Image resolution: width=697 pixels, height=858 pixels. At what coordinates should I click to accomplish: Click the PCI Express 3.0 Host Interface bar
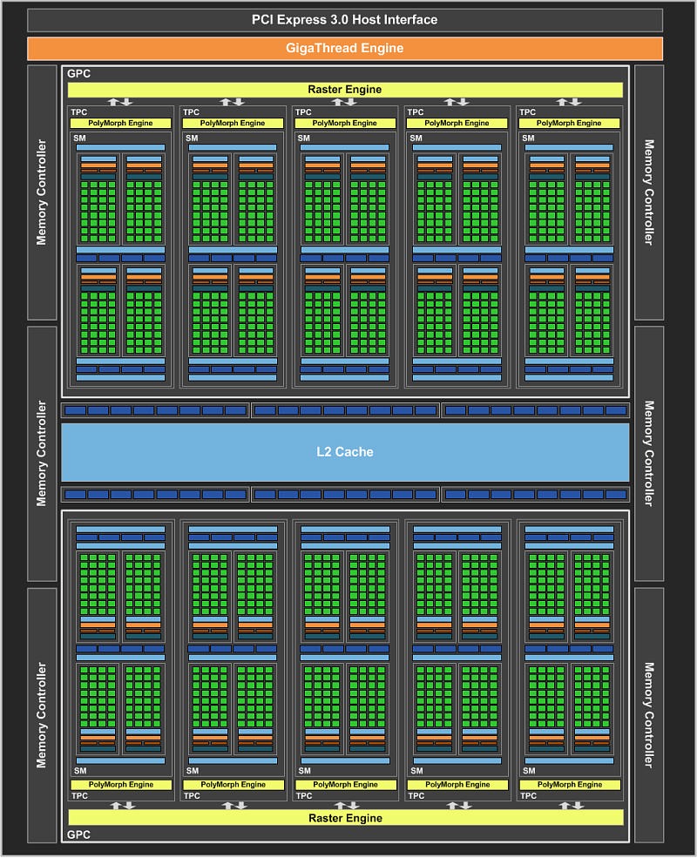point(345,20)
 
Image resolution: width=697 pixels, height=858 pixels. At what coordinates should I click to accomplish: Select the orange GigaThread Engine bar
point(345,48)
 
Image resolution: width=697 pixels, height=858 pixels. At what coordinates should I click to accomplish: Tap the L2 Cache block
point(345,452)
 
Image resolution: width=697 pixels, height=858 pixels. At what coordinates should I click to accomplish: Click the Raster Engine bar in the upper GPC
point(345,89)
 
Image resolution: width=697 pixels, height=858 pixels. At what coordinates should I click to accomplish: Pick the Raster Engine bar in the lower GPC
point(345,818)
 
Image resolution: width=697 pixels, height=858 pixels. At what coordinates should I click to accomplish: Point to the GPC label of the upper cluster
point(78,73)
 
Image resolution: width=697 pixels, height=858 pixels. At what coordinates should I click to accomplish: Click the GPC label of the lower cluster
point(78,834)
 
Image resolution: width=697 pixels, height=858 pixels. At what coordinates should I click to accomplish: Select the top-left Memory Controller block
point(42,192)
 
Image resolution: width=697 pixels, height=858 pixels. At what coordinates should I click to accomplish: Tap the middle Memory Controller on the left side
point(42,454)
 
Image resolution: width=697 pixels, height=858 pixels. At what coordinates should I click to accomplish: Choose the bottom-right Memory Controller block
point(649,715)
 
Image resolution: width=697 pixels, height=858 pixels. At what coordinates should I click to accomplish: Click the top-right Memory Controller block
point(649,192)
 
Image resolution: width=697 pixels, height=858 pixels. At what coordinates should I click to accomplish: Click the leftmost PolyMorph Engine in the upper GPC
point(120,123)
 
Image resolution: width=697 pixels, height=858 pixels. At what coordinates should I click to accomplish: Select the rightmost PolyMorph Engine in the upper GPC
point(569,123)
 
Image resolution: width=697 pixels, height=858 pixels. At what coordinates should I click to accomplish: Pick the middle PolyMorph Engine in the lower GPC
point(345,785)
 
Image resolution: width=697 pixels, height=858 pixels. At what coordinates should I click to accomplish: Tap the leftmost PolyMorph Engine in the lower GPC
point(121,785)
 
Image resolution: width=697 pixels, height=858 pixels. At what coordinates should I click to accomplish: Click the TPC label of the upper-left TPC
point(78,112)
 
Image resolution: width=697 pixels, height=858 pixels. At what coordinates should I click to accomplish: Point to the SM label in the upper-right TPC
point(528,138)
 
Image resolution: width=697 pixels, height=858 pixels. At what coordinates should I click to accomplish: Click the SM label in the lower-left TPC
point(80,770)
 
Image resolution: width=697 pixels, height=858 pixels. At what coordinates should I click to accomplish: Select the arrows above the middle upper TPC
point(345,102)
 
